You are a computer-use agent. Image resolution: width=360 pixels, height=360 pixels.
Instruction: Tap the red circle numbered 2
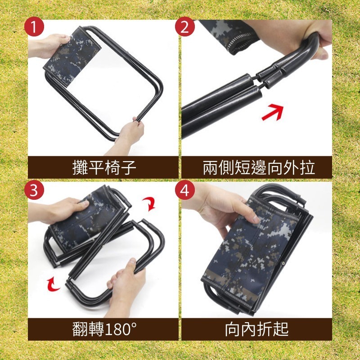click(x=184, y=28)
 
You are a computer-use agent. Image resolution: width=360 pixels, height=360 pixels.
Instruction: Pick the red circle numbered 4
click(x=184, y=190)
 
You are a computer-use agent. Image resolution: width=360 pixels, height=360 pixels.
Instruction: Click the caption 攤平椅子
click(x=104, y=167)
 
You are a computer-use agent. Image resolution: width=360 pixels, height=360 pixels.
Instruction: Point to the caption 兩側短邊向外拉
click(x=258, y=167)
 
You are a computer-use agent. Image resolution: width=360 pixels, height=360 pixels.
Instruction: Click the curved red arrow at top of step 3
click(x=151, y=203)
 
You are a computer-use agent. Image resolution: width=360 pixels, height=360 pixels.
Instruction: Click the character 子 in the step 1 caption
click(x=128, y=167)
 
